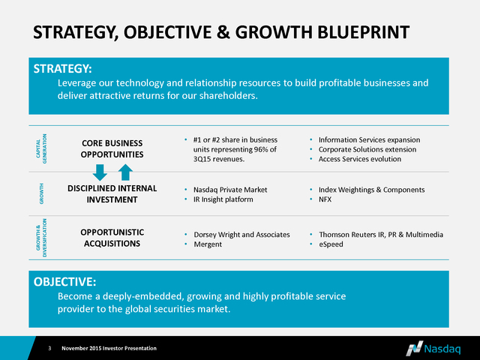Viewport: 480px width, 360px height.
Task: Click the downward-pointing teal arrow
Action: (x=100, y=172)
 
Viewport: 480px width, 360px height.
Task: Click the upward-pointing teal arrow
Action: (x=125, y=172)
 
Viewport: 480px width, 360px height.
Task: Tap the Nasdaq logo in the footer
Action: (x=433, y=349)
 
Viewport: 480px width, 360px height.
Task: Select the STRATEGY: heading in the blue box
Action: (x=62, y=68)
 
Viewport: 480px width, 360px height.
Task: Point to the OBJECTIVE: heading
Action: (x=64, y=282)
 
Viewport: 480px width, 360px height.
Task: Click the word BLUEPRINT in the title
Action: (x=363, y=32)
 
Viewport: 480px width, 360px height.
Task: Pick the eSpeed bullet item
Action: (x=331, y=244)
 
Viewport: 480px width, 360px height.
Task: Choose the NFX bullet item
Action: (x=325, y=199)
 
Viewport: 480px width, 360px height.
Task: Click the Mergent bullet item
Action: (x=208, y=244)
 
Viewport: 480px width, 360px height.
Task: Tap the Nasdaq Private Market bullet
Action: (x=230, y=190)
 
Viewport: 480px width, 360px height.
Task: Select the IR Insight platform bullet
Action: (x=223, y=199)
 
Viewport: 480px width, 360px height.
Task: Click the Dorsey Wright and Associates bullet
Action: (x=241, y=235)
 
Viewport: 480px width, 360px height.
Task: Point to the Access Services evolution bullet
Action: (x=360, y=159)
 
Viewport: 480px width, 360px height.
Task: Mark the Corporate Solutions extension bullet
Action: (x=367, y=149)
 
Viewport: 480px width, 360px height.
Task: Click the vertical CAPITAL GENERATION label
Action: (x=41, y=148)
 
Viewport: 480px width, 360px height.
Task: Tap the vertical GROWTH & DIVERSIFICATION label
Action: (x=41, y=238)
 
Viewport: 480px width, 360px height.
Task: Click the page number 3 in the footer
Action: (x=50, y=348)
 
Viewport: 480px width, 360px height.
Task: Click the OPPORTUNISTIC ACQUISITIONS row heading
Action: (x=112, y=238)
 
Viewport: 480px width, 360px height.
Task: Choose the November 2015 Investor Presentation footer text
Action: (x=109, y=348)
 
